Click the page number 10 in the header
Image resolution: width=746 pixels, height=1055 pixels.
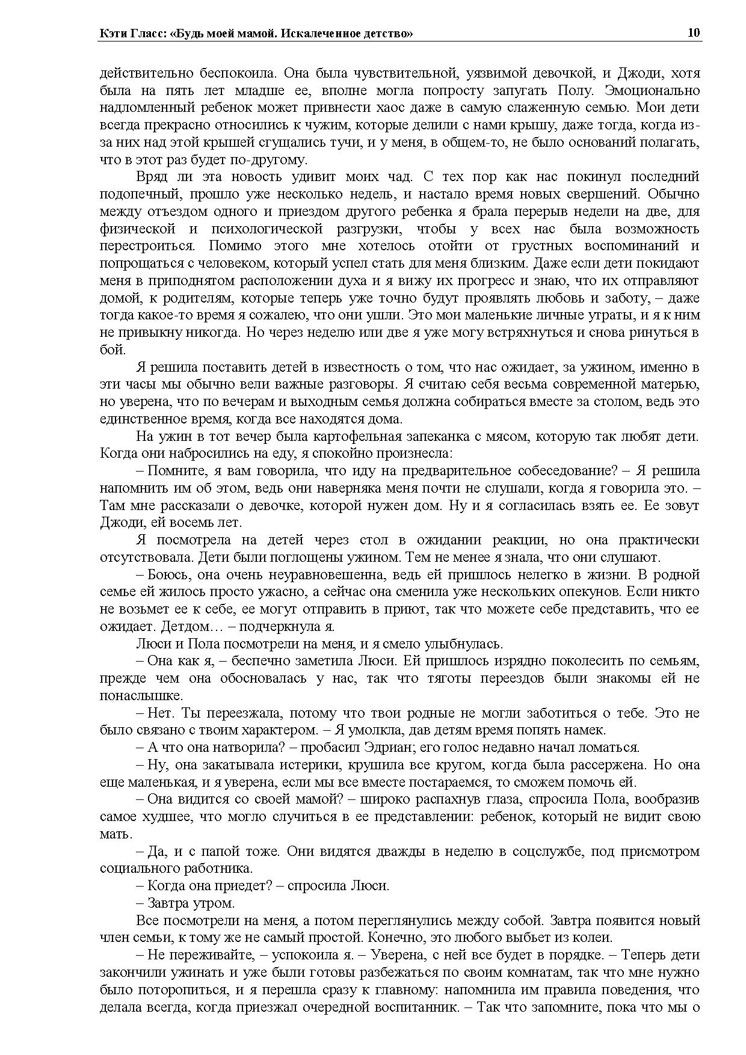click(x=694, y=33)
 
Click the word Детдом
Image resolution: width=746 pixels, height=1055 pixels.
click(x=183, y=626)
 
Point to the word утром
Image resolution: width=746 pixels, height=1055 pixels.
click(x=213, y=903)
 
